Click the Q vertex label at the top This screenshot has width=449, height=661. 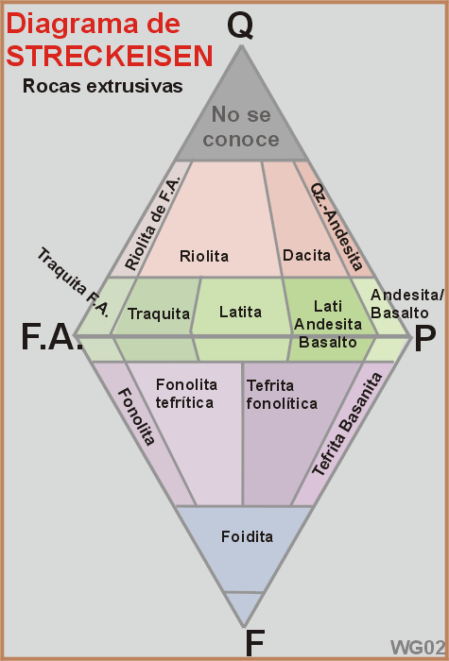coord(240,26)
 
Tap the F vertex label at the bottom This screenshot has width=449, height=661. coord(255,643)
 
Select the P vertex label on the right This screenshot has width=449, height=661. coord(424,339)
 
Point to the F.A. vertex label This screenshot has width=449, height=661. coord(51,337)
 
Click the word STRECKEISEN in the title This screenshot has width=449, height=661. coord(110,56)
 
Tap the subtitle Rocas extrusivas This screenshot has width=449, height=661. coord(102,86)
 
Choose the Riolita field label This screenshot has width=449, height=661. coord(204,256)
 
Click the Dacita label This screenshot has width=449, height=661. coord(307,255)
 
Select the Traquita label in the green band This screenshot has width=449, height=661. coord(159,314)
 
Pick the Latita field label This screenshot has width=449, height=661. coord(240,312)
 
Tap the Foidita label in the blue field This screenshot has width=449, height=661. coord(248,536)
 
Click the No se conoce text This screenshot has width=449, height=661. coord(241,127)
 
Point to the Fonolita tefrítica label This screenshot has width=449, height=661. coord(186,394)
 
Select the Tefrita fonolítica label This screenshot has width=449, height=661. coord(282,395)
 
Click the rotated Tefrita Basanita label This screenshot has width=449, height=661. coord(347,424)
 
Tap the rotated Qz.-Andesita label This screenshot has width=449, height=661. coord(337,227)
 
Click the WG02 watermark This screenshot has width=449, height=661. coord(418,648)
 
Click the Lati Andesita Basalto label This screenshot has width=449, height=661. coord(328,324)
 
